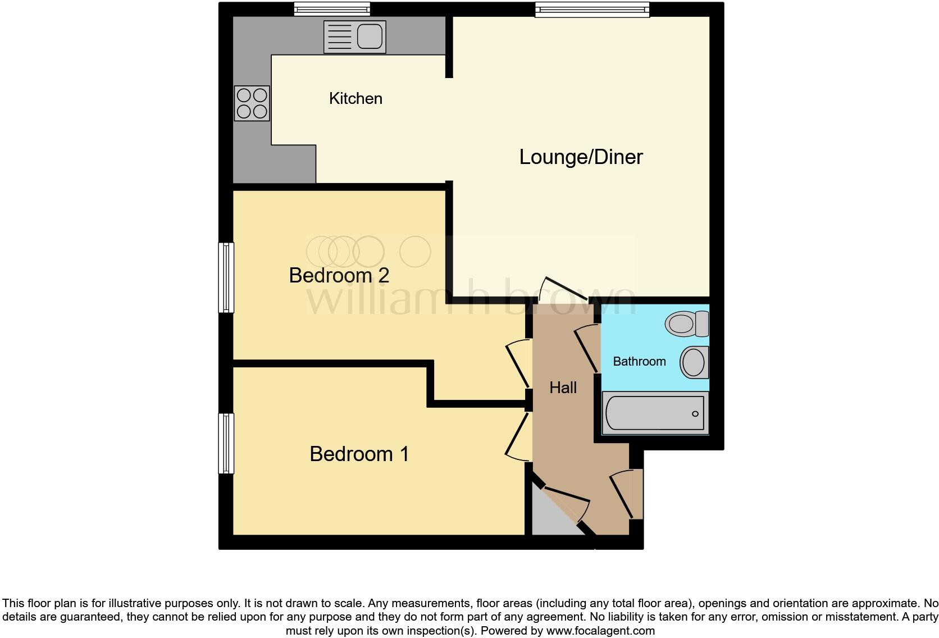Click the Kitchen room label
[x=355, y=98]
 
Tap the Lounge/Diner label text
[x=580, y=157]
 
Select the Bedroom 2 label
[x=339, y=275]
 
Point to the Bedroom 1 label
[x=359, y=454]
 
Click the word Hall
[x=563, y=388]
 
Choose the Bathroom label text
[x=639, y=362]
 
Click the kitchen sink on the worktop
[x=355, y=37]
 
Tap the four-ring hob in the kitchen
[x=252, y=103]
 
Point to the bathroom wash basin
[x=694, y=362]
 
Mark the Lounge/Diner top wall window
[x=592, y=8]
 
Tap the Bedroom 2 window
[x=226, y=277]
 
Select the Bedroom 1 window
[x=226, y=444]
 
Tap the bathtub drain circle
[x=695, y=414]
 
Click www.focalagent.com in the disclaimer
[x=600, y=631]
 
